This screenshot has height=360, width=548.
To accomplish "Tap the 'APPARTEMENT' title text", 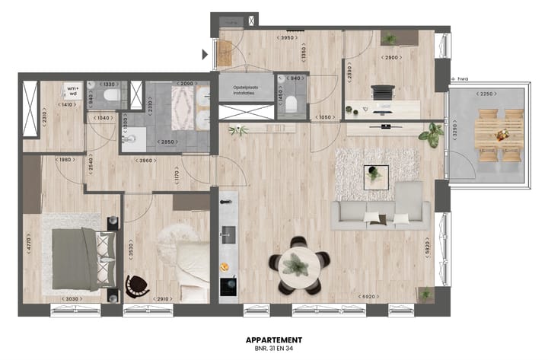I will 274,340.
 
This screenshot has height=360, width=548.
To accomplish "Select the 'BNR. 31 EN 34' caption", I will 274,349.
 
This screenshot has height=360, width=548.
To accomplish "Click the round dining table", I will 297,266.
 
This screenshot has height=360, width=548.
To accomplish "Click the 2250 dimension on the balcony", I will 487,94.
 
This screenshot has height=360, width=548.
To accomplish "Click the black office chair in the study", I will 381,94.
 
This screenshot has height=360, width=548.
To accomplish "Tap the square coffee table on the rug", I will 376,175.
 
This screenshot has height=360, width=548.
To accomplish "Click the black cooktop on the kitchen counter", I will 227,285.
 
